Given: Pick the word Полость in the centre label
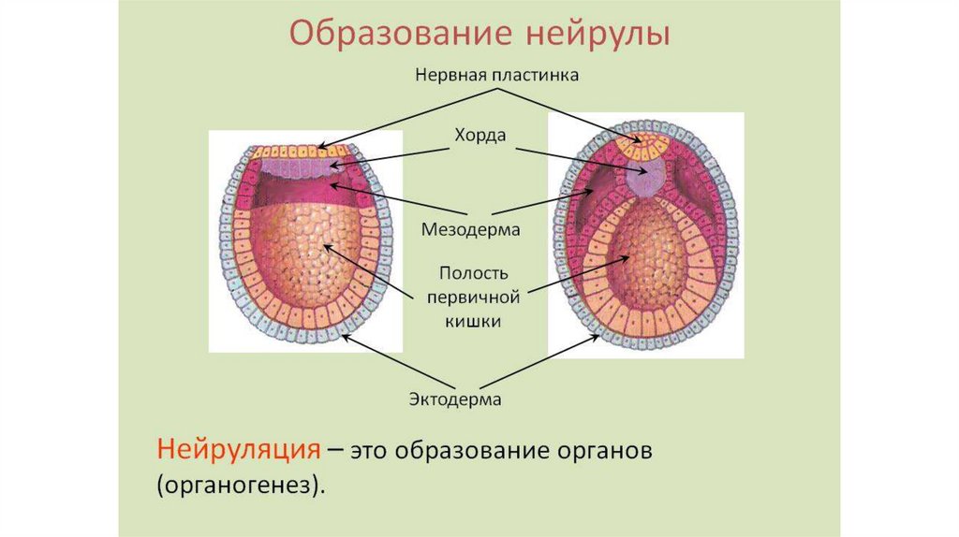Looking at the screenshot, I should pos(473,273).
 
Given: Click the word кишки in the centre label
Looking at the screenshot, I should pos(473,321).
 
